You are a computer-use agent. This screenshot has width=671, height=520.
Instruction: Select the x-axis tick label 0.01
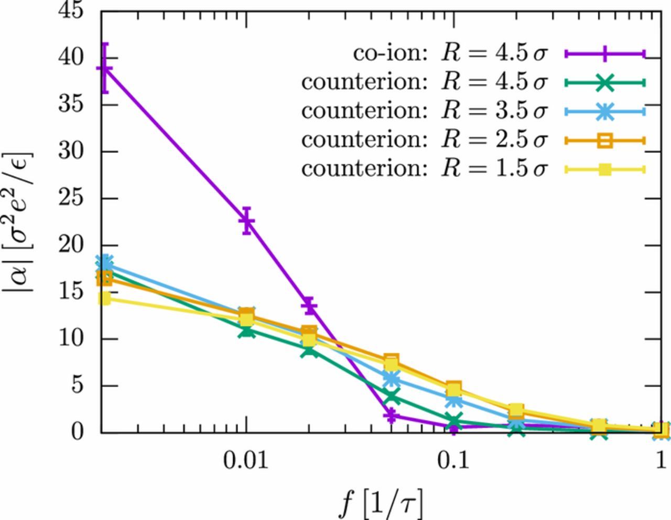245,461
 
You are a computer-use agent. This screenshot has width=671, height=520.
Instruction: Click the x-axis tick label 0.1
454,461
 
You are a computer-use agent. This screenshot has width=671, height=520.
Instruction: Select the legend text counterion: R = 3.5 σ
424,111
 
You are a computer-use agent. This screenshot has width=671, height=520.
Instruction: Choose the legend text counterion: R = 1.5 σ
424,169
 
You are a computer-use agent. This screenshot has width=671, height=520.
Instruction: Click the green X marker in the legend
604,82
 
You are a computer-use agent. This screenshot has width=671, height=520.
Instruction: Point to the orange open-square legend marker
604,140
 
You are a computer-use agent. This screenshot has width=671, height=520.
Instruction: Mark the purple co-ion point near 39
105,68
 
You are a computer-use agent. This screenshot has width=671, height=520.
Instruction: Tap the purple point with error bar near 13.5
310,305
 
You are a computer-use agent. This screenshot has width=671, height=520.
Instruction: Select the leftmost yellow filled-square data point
105,299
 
